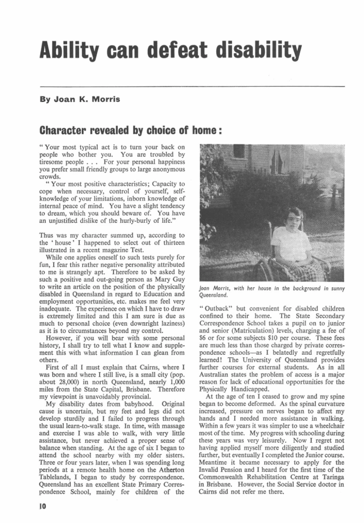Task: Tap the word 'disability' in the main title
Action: coord(262,51)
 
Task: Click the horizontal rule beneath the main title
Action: coord(192,86)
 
